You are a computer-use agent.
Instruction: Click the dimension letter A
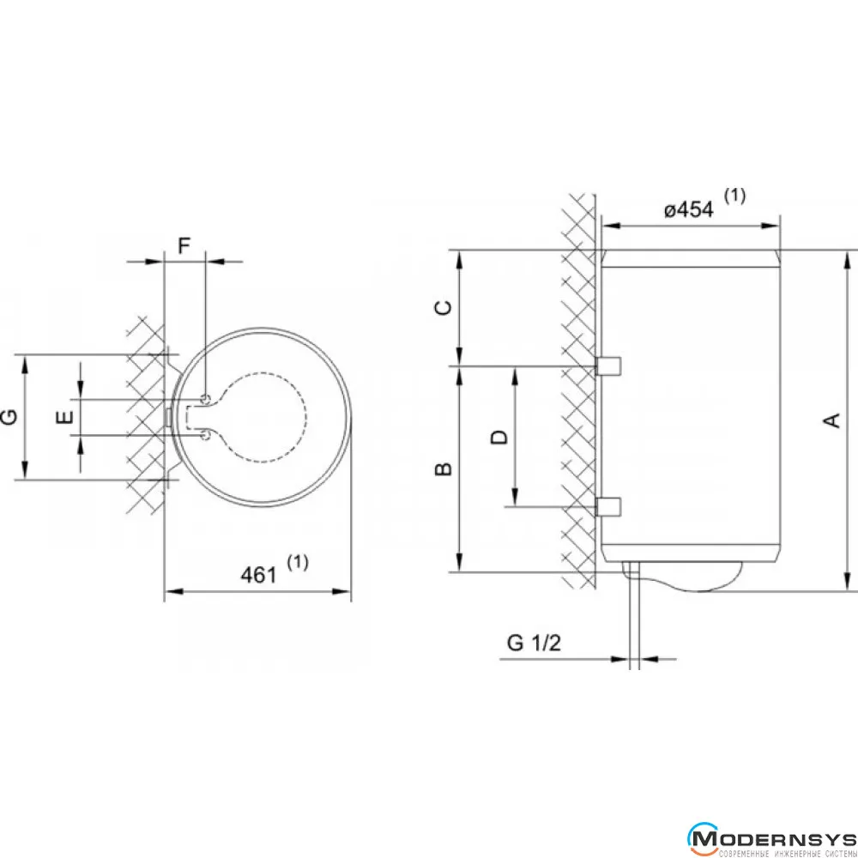click(x=831, y=420)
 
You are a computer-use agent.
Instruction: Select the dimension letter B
click(x=444, y=469)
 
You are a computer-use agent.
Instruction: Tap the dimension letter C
click(x=444, y=307)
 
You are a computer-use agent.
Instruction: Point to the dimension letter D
click(x=499, y=438)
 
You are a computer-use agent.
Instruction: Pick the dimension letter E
click(x=65, y=418)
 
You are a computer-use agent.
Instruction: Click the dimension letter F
click(x=184, y=245)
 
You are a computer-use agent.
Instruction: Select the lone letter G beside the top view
click(x=9, y=418)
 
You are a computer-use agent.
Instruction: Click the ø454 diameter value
click(x=689, y=209)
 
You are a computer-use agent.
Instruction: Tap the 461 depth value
click(x=259, y=575)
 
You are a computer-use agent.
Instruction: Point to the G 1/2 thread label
click(x=534, y=643)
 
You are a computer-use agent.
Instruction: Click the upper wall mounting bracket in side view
click(x=608, y=366)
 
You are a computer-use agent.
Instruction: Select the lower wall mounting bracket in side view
click(x=608, y=507)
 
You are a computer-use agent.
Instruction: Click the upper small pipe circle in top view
click(x=206, y=399)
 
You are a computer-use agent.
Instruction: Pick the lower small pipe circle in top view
click(x=206, y=435)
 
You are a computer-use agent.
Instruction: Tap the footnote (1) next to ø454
click(x=735, y=196)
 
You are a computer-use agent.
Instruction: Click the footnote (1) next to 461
click(x=298, y=562)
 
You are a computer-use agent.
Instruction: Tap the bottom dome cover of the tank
click(x=682, y=577)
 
